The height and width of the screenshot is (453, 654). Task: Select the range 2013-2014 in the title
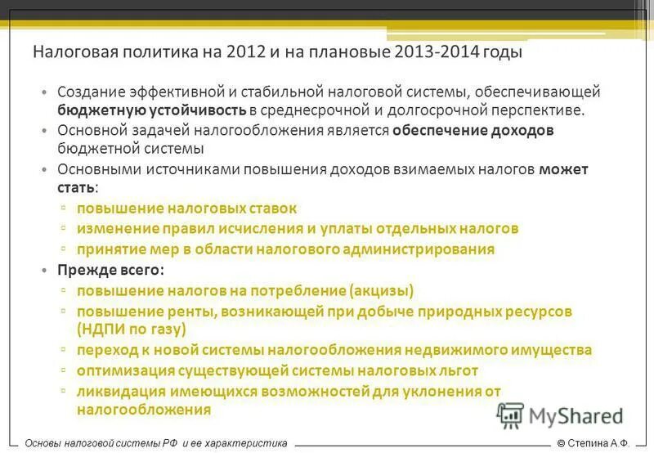click(x=437, y=52)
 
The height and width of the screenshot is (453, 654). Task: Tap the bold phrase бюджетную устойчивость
click(x=152, y=110)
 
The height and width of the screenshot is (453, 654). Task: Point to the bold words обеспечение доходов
click(x=473, y=130)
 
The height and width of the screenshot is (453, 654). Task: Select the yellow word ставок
click(x=270, y=209)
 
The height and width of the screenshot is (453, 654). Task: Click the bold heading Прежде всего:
click(x=110, y=270)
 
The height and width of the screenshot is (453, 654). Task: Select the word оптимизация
click(x=123, y=370)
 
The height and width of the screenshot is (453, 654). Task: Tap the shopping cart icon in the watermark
click(x=509, y=415)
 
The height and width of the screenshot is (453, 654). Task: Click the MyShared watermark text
click(x=576, y=415)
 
